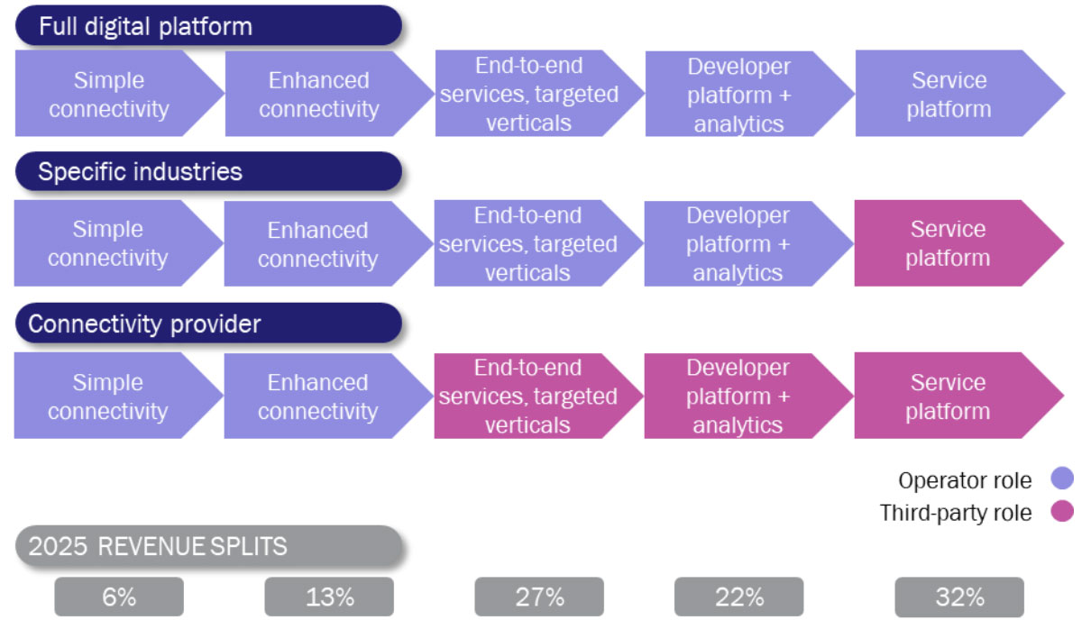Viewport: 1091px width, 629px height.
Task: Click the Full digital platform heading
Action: click(208, 26)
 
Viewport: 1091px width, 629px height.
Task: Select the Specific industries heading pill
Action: click(208, 171)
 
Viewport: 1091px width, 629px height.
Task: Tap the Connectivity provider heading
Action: click(208, 324)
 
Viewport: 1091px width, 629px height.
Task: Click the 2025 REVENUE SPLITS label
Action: click(209, 546)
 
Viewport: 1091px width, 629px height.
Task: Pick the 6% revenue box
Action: click(119, 597)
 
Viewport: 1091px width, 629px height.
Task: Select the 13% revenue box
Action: click(329, 597)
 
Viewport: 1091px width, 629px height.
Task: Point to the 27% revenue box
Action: click(539, 597)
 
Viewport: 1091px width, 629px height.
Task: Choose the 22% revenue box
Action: click(738, 597)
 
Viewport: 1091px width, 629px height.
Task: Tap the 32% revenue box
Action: click(959, 597)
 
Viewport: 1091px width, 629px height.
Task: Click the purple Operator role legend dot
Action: click(1062, 479)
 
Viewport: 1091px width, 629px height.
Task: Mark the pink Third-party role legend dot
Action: click(1062, 511)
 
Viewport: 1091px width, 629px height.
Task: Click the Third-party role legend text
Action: click(956, 513)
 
